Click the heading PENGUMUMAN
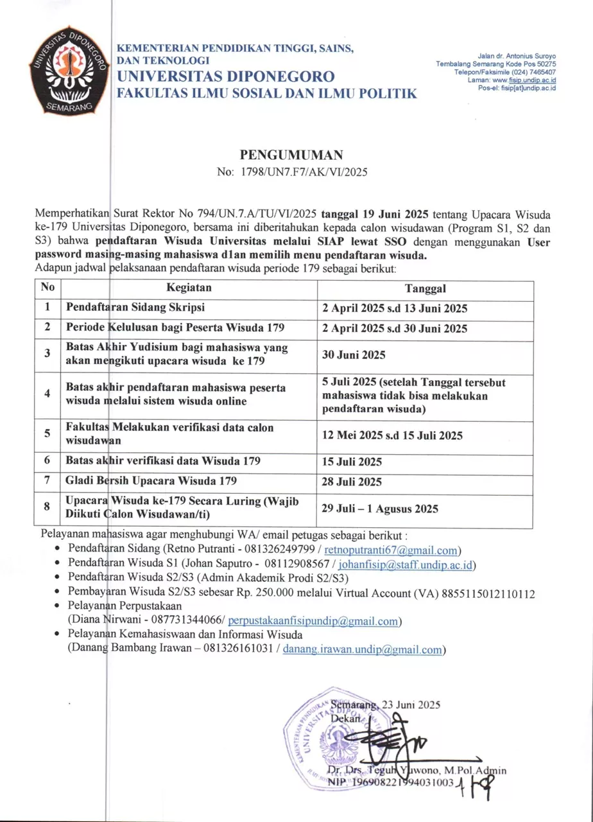(x=291, y=155)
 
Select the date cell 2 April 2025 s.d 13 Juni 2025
(x=395, y=308)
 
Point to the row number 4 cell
(x=47, y=393)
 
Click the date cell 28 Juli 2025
(x=352, y=481)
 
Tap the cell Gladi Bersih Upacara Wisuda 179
(x=151, y=480)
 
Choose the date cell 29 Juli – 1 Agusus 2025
(x=381, y=509)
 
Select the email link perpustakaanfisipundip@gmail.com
(x=314, y=621)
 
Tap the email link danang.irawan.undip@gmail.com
(x=363, y=650)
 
